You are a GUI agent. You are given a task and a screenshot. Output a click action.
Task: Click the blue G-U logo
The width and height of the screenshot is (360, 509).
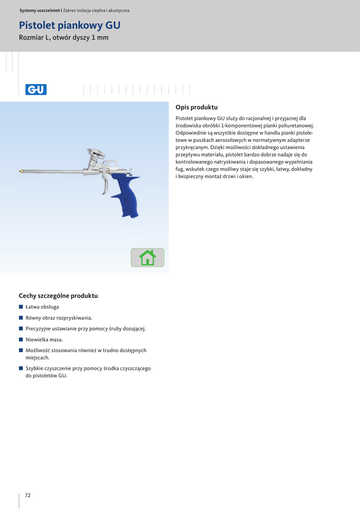(x=36, y=89)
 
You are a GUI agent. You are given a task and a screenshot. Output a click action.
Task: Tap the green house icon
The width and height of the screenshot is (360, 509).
(x=148, y=257)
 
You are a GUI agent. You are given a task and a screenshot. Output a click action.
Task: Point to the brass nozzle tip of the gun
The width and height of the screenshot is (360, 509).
(x=20, y=172)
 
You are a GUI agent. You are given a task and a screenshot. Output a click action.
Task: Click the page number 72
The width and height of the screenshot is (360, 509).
(x=28, y=495)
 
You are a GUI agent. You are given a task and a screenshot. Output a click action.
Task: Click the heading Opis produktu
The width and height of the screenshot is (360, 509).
(x=197, y=107)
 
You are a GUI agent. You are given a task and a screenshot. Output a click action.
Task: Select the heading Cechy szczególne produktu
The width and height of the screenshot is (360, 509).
(x=58, y=296)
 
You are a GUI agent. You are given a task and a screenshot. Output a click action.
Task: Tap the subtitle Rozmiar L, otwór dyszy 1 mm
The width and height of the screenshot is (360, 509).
(x=64, y=38)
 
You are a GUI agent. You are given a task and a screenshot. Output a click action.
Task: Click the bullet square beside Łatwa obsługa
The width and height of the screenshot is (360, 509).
(x=21, y=307)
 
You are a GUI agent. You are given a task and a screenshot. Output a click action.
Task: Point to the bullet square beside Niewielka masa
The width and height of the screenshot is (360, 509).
(x=21, y=339)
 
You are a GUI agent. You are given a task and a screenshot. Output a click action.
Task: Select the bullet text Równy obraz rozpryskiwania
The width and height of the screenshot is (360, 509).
(x=59, y=318)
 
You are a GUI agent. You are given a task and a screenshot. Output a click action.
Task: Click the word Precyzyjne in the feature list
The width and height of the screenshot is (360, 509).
(x=40, y=329)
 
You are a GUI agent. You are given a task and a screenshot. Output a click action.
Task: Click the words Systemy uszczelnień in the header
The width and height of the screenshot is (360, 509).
(x=39, y=10)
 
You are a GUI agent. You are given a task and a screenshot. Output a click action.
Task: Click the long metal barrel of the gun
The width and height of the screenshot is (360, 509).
(x=55, y=172)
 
